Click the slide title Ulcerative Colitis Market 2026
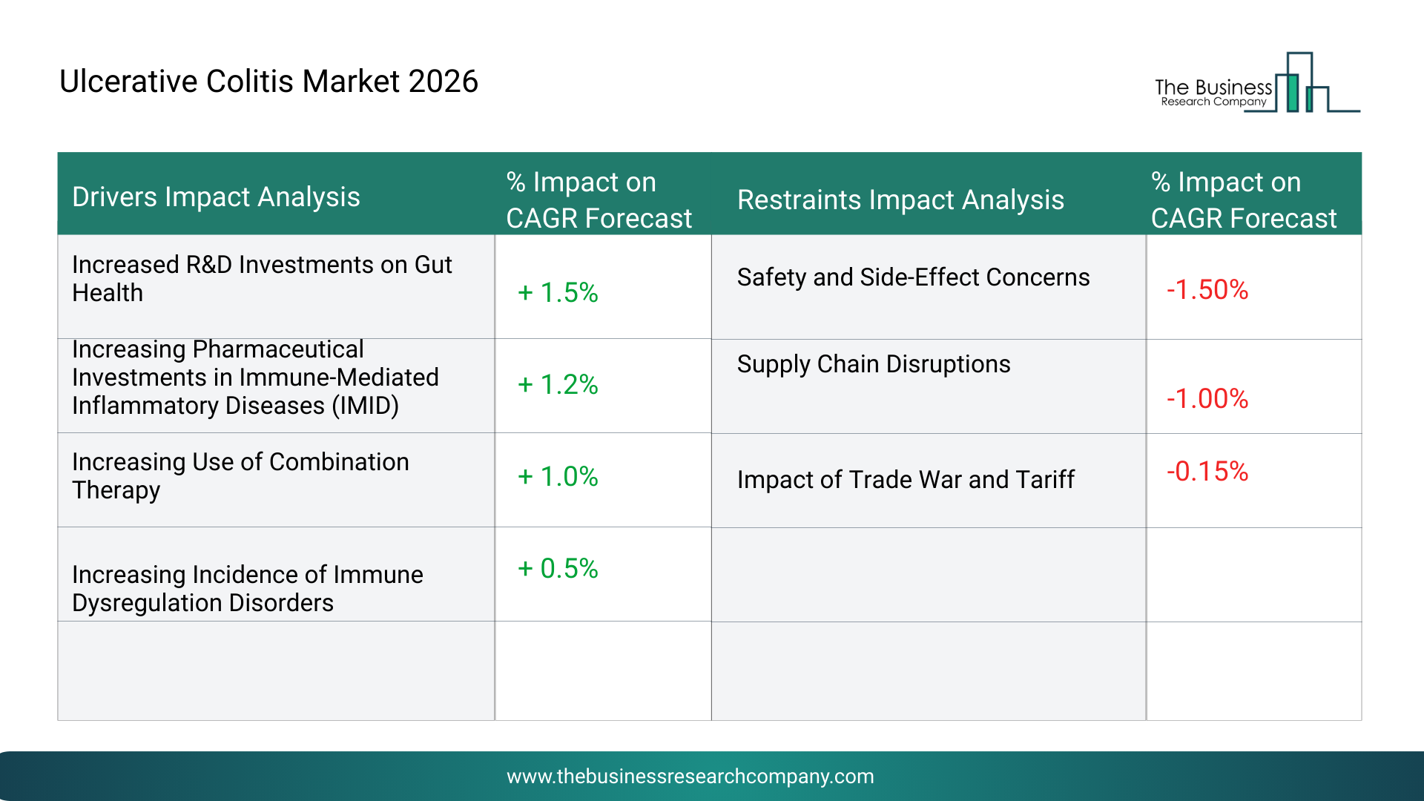click(x=268, y=82)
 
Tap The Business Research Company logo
click(x=1256, y=84)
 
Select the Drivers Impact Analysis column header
click(x=216, y=197)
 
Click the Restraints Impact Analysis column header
click(x=900, y=200)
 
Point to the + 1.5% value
click(x=558, y=293)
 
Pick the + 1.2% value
click(x=558, y=385)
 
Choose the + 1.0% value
click(x=558, y=477)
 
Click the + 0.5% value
click(x=558, y=569)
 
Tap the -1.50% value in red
click(x=1207, y=290)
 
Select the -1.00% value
click(x=1207, y=399)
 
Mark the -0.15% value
click(x=1207, y=472)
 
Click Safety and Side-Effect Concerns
click(x=913, y=277)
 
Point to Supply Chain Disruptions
click(x=874, y=364)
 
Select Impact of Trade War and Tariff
click(x=906, y=480)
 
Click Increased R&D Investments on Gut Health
click(x=262, y=279)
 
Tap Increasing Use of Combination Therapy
click(x=240, y=476)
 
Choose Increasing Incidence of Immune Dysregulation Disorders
click(x=247, y=589)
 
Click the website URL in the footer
click(x=690, y=777)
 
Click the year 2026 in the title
click(x=443, y=82)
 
